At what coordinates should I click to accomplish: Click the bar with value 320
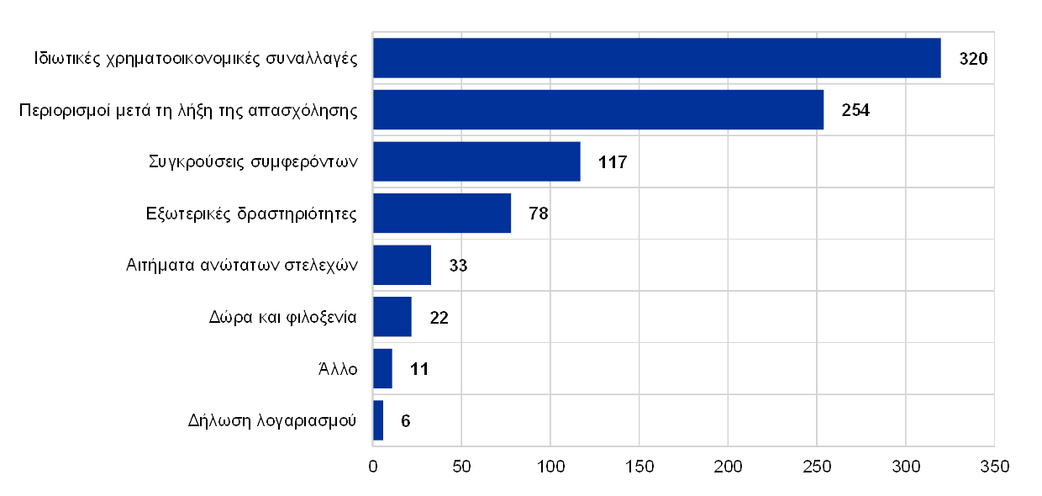click(x=656, y=58)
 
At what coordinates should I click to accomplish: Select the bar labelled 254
click(x=598, y=109)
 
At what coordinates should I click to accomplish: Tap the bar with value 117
click(x=476, y=161)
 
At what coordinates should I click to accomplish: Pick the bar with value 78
click(x=442, y=214)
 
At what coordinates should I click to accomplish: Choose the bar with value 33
click(x=402, y=265)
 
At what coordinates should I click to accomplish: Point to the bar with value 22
click(x=392, y=317)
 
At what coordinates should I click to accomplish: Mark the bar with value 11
click(x=382, y=368)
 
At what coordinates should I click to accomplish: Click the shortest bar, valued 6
click(x=378, y=420)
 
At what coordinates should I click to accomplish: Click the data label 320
click(x=973, y=58)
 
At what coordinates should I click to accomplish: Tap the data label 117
click(x=612, y=161)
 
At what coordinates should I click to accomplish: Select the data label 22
click(x=439, y=317)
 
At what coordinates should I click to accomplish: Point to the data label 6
click(x=406, y=420)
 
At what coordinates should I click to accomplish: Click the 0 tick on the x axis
click(x=373, y=466)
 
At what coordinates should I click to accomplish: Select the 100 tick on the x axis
click(x=550, y=466)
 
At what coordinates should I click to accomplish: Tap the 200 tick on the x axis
click(x=728, y=466)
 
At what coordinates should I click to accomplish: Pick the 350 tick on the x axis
click(x=994, y=466)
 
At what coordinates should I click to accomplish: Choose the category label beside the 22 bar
click(x=282, y=317)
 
